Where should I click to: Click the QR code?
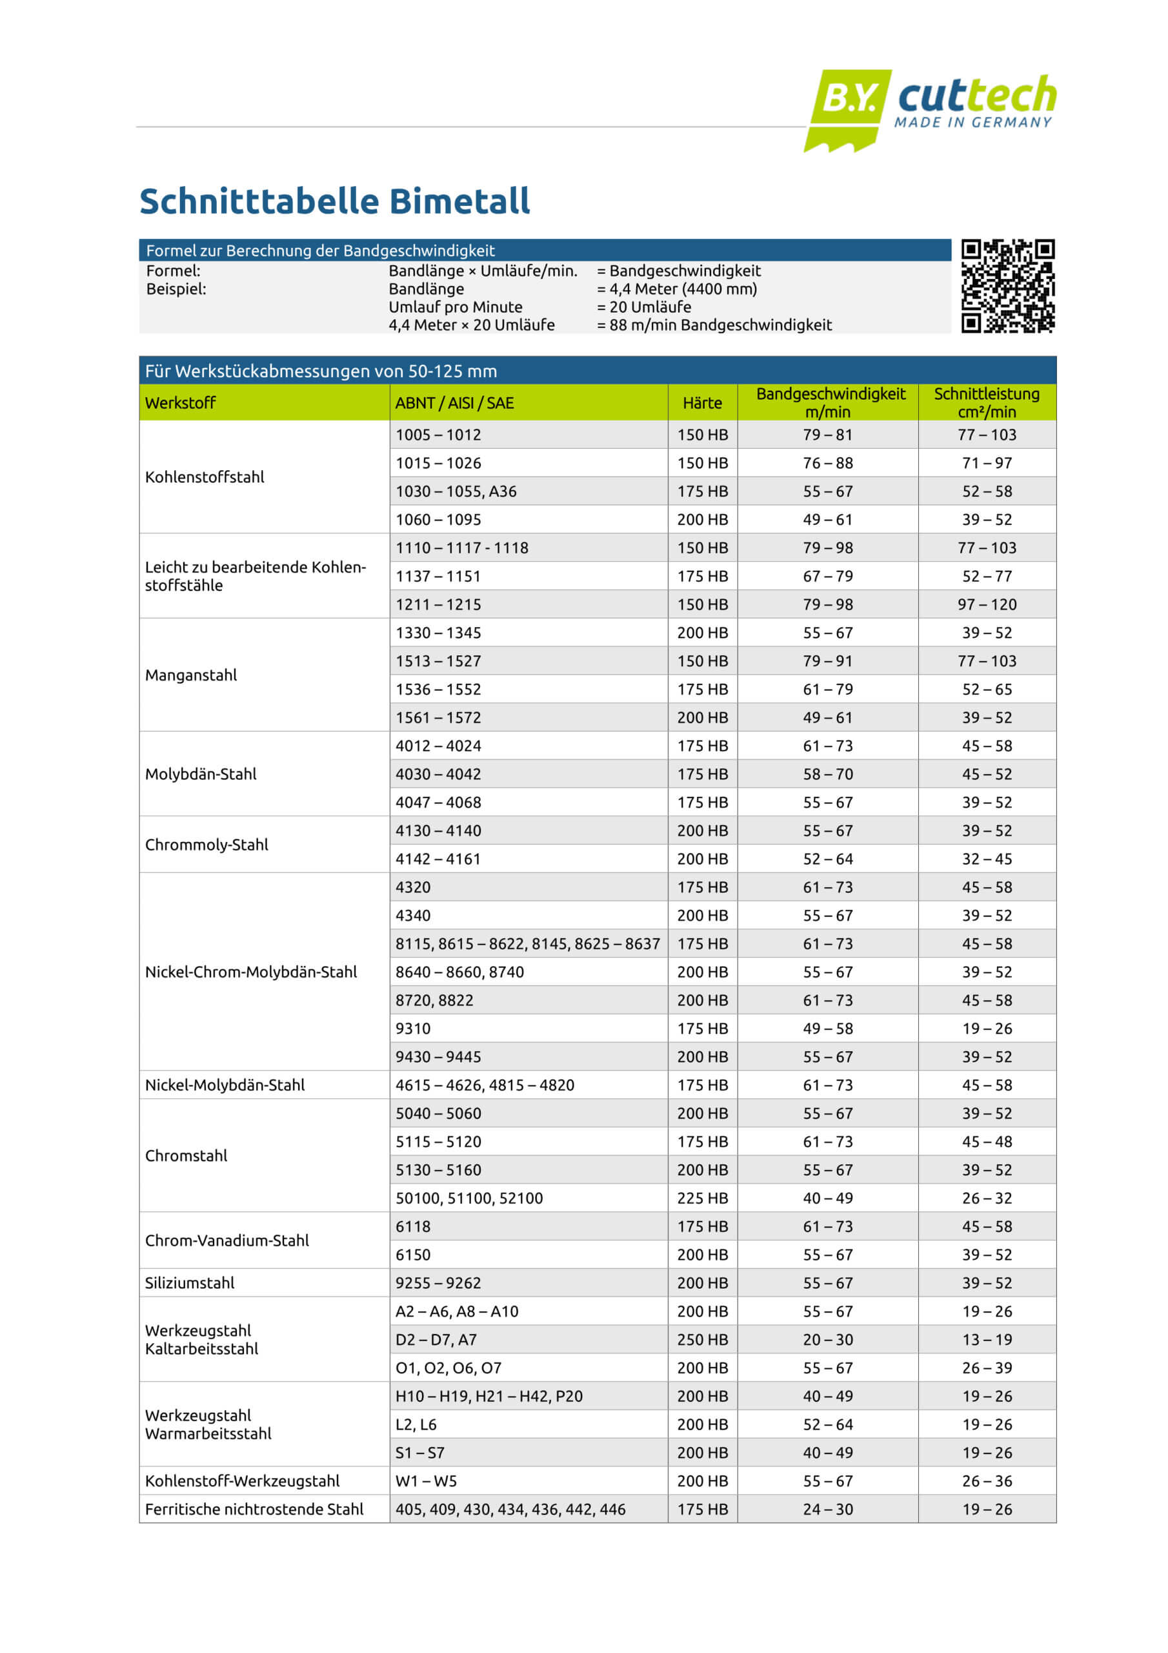(1007, 286)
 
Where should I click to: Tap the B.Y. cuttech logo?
(930, 108)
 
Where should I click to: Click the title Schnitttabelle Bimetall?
(335, 201)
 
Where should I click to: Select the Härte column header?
(701, 403)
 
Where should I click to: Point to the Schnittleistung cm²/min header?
(987, 402)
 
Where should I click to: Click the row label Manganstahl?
(191, 675)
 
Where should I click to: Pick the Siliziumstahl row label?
(190, 1283)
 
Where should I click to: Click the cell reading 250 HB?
(701, 1340)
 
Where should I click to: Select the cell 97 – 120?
(987, 605)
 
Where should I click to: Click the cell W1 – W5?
(426, 1481)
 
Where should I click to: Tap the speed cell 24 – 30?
(828, 1509)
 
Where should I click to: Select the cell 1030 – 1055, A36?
(456, 492)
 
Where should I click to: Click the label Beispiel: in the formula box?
(176, 289)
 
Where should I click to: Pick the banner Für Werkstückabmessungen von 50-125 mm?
(321, 371)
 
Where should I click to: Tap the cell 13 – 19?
(987, 1340)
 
